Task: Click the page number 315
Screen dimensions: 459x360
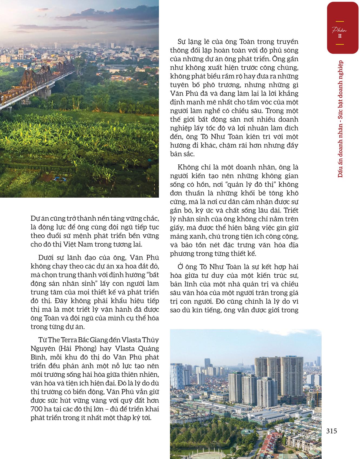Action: pyautogui.click(x=332, y=431)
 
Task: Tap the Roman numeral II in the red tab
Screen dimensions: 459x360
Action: pyautogui.click(x=340, y=36)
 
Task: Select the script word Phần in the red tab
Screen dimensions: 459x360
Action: pyautogui.click(x=340, y=30)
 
